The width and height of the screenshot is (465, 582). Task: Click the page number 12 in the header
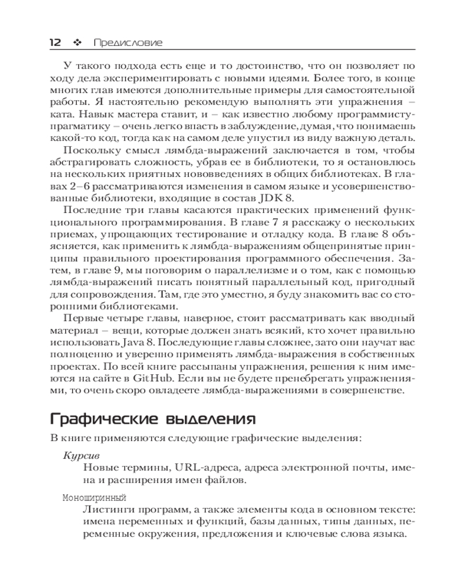[x=56, y=42]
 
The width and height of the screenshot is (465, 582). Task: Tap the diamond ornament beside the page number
[x=74, y=42]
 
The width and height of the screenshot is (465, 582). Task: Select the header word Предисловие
[x=123, y=42]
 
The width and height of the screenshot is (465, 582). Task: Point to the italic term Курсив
[x=78, y=456]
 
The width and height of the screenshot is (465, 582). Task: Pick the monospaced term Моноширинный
[x=93, y=498]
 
